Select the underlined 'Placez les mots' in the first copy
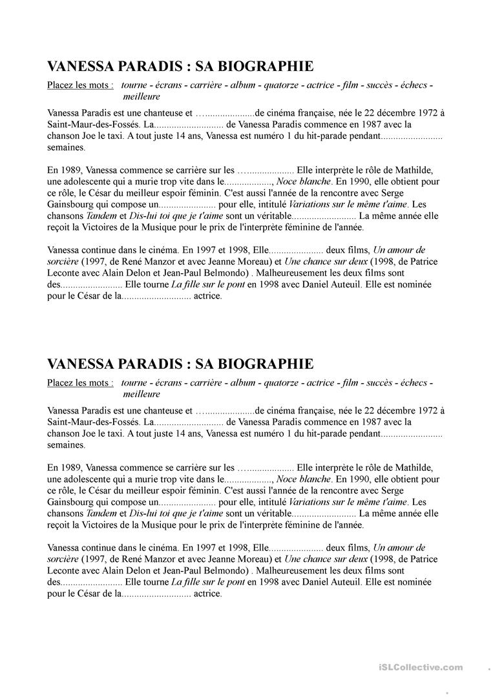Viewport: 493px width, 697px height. [80, 85]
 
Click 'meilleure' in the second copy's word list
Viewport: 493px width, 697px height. [141, 394]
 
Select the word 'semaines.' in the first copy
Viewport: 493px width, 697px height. [66, 147]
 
